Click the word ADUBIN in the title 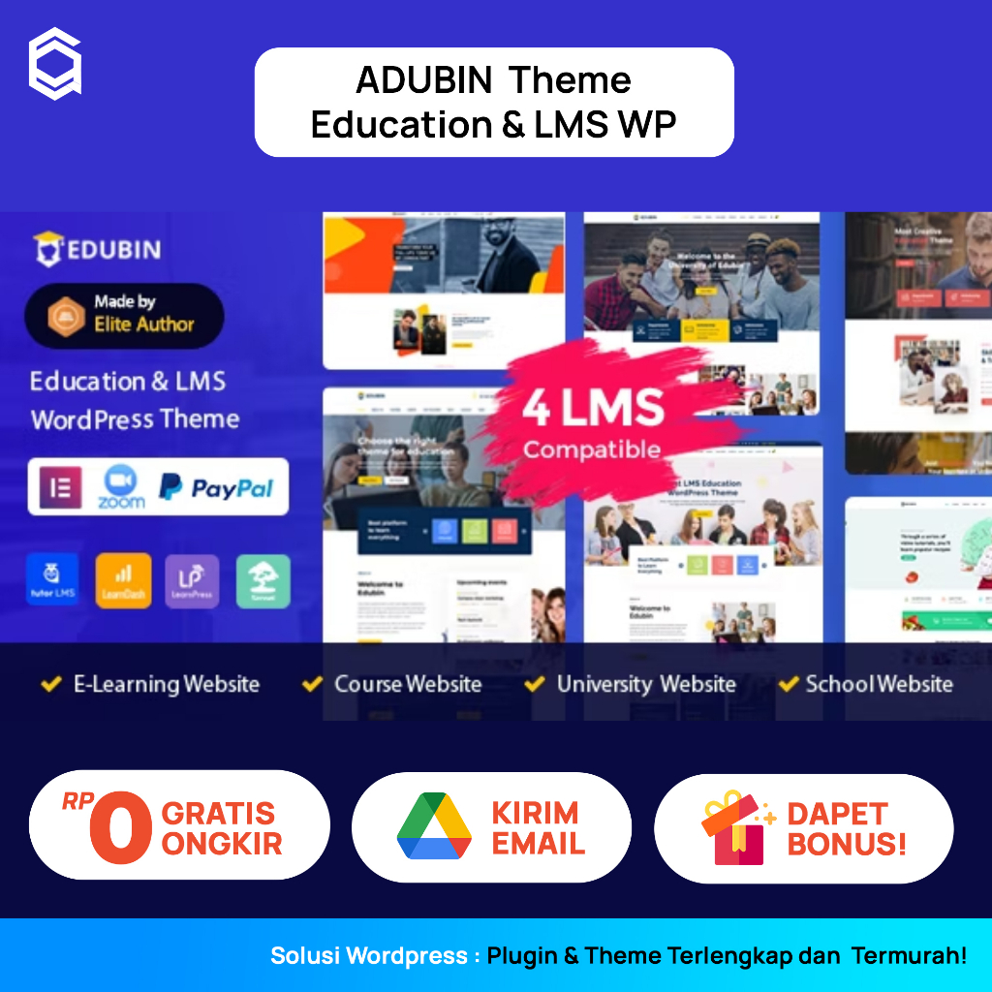tap(424, 79)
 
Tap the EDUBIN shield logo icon tap(48, 249)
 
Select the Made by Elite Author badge tap(124, 315)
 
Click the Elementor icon tap(60, 486)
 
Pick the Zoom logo tap(121, 486)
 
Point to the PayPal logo tap(216, 487)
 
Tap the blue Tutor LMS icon tap(54, 581)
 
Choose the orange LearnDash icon tap(123, 581)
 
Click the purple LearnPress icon tap(192, 581)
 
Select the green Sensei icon tap(263, 581)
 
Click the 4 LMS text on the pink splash tap(593, 407)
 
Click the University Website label tap(646, 684)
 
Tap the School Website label tap(879, 684)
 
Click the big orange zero tap(120, 826)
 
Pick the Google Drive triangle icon tap(434, 826)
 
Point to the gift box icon tap(735, 827)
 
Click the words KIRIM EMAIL tap(538, 827)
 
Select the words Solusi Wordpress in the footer tap(368, 956)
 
